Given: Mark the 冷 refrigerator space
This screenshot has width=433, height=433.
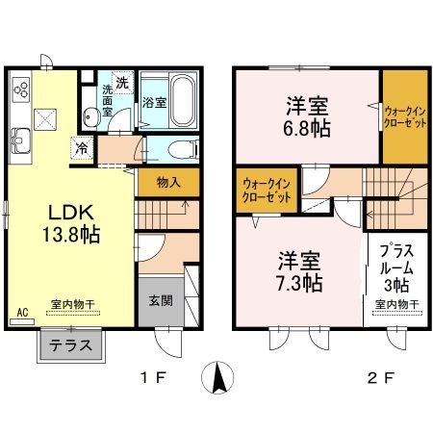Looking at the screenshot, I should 83,149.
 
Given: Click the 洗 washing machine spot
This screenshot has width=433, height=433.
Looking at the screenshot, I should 122,81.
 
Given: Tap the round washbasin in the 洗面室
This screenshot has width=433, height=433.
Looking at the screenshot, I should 89,116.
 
